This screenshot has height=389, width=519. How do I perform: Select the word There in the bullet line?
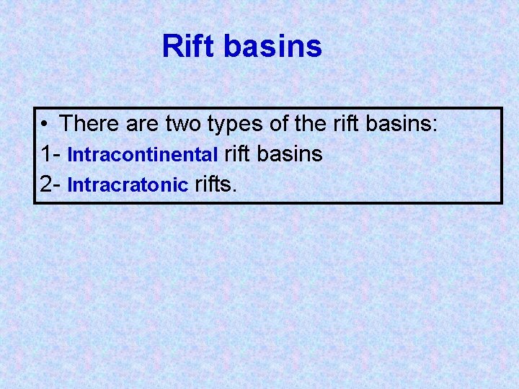(x=90, y=124)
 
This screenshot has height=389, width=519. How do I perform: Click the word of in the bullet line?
(x=279, y=124)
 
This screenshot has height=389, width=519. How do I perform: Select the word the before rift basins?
(x=310, y=124)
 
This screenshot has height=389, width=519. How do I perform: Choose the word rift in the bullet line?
(x=347, y=124)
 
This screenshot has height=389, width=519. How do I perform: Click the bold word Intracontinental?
(x=143, y=155)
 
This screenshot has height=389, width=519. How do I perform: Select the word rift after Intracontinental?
(x=239, y=154)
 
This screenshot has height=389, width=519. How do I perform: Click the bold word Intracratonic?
(x=128, y=185)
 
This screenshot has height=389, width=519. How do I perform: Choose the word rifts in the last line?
(x=213, y=184)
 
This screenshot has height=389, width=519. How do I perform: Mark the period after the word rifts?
(x=234, y=190)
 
